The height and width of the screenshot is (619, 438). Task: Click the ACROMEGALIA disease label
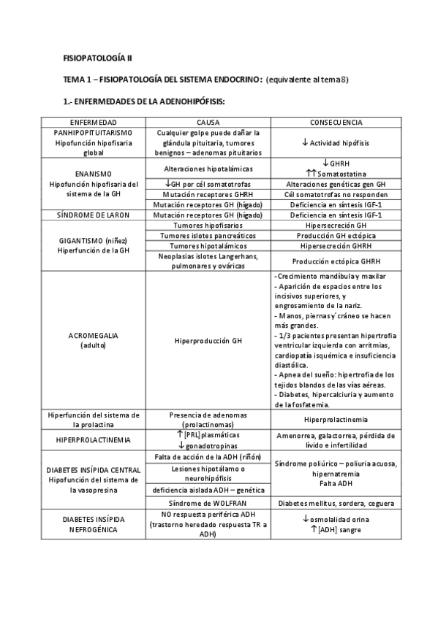(x=94, y=335)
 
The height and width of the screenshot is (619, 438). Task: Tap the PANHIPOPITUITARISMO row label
(x=94, y=133)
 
